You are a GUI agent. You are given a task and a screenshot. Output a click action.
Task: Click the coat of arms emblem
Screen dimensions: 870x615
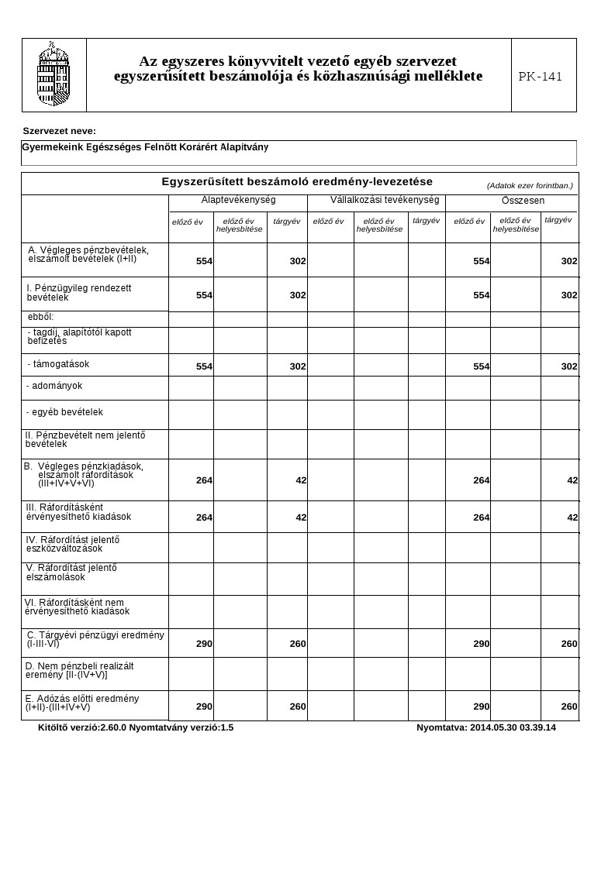point(54,74)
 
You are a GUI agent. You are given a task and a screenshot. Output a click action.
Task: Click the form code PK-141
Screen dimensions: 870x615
point(540,76)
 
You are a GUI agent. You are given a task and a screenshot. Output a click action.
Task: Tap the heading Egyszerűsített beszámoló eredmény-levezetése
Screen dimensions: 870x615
point(297,181)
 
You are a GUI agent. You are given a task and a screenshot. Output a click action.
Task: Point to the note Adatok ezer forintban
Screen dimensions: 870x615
point(530,186)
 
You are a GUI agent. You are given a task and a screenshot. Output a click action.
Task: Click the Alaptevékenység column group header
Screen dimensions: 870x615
point(238,200)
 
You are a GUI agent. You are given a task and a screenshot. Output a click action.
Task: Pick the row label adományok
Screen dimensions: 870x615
point(54,386)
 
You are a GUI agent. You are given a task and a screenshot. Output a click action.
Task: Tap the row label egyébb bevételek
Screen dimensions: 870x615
point(64,412)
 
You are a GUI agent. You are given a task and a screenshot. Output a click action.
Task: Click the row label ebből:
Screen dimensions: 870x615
point(40,317)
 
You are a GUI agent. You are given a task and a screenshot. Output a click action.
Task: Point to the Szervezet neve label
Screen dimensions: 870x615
point(60,131)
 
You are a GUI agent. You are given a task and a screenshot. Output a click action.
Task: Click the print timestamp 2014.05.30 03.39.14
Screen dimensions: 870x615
point(486,727)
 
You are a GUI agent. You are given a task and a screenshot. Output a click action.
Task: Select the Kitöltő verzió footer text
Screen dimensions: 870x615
point(136,727)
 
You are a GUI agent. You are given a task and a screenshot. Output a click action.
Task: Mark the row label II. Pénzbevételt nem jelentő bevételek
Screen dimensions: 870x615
point(85,440)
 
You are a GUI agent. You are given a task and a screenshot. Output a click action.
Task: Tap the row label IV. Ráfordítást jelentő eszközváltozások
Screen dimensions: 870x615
point(73,544)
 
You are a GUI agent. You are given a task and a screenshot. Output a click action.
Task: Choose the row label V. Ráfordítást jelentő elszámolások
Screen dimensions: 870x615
point(71,573)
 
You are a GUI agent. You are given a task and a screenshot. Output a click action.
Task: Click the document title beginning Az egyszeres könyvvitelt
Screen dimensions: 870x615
point(298,68)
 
